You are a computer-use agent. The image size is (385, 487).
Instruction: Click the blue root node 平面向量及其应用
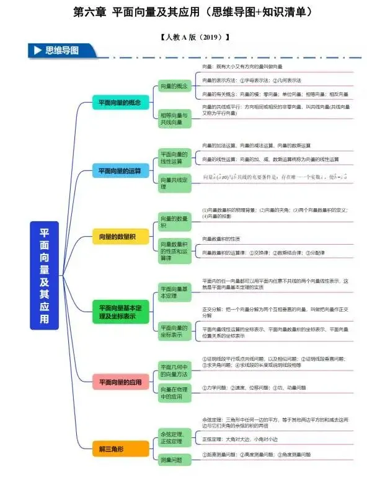pyautogui.click(x=45, y=275)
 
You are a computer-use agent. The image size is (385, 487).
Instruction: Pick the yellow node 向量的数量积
pyautogui.click(x=117, y=237)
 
